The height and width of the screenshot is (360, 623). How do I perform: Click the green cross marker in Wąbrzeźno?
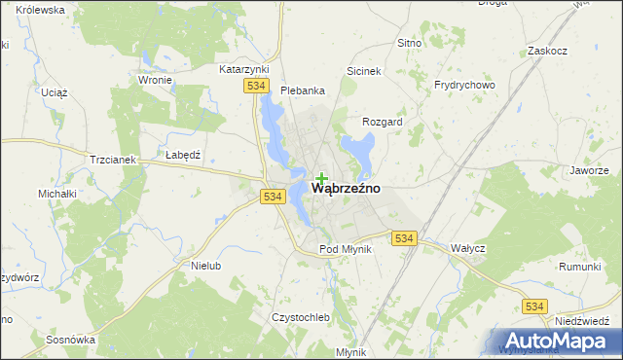(321, 178)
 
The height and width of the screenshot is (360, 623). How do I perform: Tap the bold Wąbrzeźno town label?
(346, 187)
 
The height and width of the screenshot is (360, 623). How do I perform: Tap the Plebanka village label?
(302, 90)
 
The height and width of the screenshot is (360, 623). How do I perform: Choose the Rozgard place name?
(382, 122)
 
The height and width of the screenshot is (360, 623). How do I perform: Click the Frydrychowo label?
(464, 85)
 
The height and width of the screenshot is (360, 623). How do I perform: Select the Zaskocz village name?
(546, 51)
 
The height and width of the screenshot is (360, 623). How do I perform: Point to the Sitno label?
(409, 44)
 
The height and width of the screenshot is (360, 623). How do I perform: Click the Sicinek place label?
(368, 71)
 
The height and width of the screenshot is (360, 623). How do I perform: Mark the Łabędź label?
(182, 156)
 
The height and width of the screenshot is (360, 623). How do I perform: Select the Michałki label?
(56, 194)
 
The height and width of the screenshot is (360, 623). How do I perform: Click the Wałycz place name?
(467, 248)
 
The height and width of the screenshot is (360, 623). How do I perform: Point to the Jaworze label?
(589, 170)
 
